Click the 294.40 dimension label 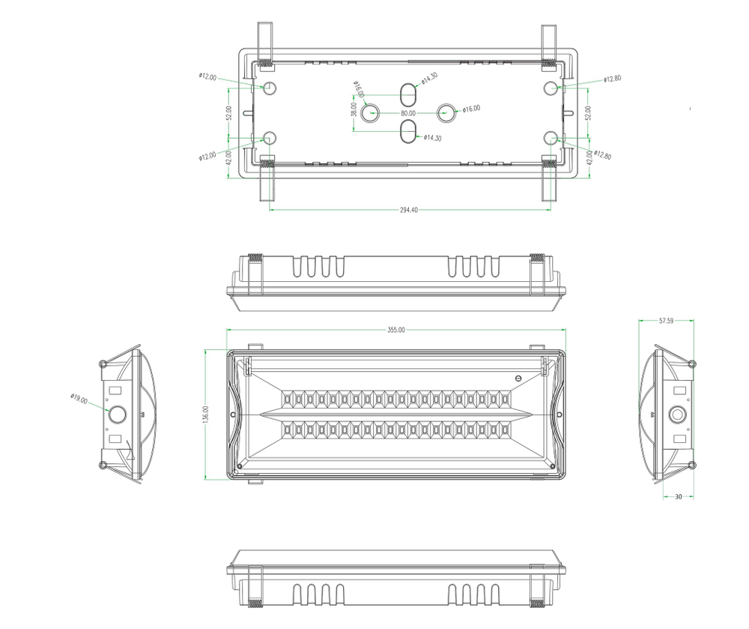410,211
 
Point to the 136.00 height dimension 206,415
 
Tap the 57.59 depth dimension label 666,321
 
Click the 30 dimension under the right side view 678,496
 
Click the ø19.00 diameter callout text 79,400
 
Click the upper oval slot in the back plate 407,96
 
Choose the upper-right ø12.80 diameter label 611,79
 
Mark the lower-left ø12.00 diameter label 207,156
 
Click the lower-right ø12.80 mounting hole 551,137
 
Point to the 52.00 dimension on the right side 588,112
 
